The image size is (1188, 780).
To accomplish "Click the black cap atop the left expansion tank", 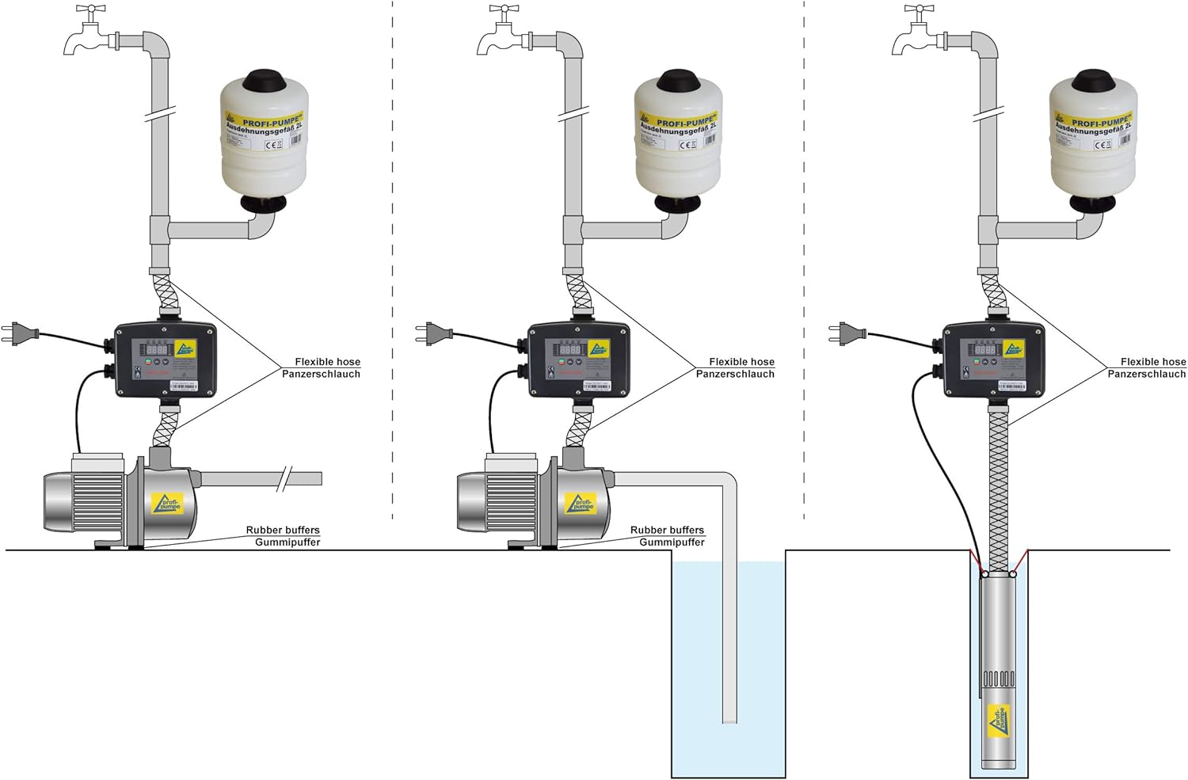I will click(x=262, y=82).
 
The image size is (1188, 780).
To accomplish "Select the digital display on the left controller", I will click(x=155, y=348).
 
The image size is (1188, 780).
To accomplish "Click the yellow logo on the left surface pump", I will click(x=167, y=504).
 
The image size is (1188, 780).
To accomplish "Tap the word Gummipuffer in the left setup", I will click(x=287, y=542).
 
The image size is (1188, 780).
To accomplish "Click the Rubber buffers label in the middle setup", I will click(x=667, y=530).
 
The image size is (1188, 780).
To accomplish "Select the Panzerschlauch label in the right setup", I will click(x=1146, y=374).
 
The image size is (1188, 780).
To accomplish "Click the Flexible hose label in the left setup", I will click(x=327, y=362).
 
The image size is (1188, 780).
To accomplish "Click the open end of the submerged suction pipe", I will click(x=729, y=720).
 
